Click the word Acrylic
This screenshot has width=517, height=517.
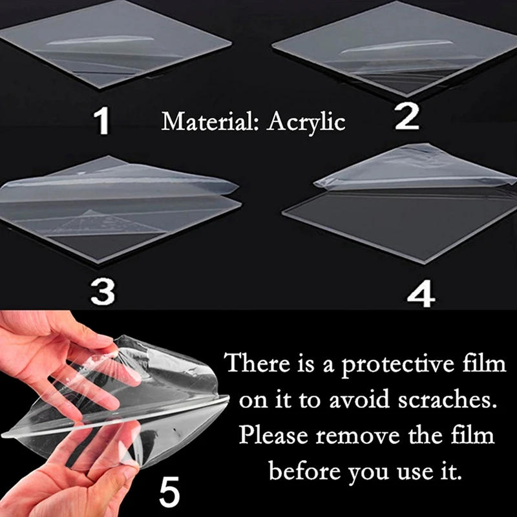308,121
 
